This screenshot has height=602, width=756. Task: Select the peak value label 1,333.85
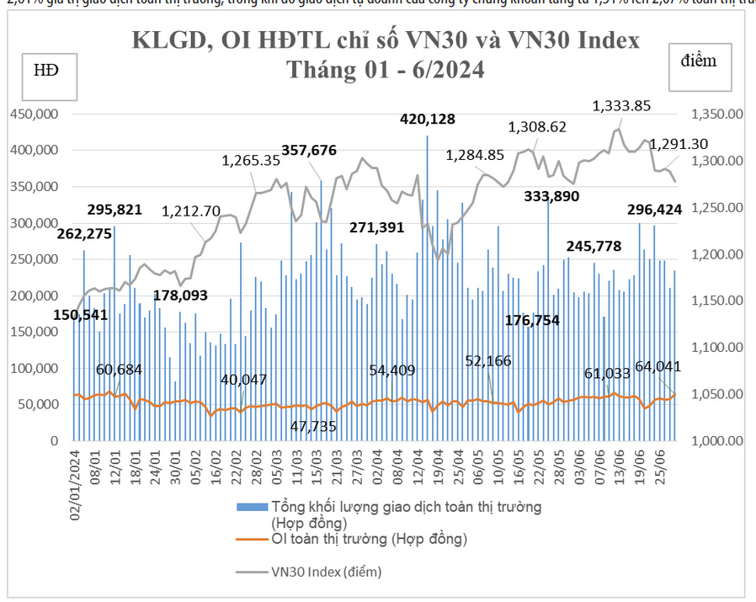pos(621,106)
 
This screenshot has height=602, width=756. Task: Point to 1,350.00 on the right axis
pos(718,114)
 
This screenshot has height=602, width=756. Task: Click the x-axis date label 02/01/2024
pos(75,486)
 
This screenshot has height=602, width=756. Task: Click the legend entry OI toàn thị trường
pos(368,538)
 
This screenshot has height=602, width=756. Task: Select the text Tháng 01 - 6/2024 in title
pos(386,69)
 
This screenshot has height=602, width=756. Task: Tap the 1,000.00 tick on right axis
pos(718,440)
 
